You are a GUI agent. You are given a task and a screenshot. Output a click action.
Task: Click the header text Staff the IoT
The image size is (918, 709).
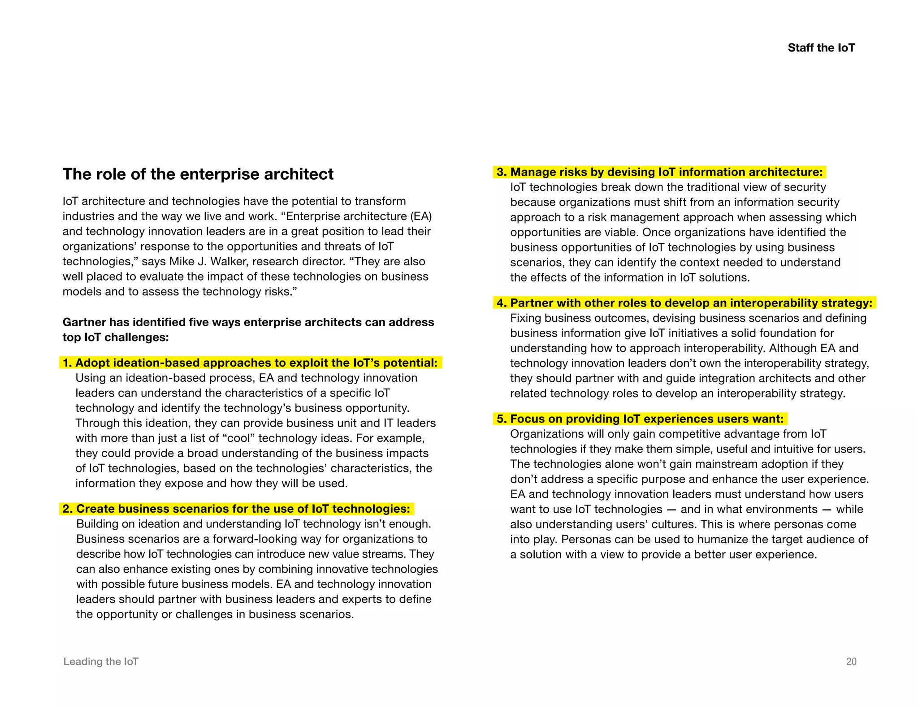tap(821, 48)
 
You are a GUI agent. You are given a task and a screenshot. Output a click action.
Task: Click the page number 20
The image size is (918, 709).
tap(851, 661)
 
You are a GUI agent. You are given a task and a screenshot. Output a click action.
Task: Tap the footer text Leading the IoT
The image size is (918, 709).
tap(101, 661)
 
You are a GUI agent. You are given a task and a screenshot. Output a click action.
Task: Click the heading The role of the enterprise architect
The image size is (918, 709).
tap(198, 174)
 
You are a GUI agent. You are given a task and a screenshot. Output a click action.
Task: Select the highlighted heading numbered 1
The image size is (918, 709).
tap(250, 363)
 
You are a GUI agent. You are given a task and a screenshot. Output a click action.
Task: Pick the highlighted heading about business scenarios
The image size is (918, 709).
tap(236, 509)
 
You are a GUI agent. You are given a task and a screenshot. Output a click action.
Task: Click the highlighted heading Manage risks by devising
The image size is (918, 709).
tap(659, 172)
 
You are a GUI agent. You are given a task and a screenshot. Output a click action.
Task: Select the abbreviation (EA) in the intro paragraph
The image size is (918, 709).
tap(420, 216)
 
